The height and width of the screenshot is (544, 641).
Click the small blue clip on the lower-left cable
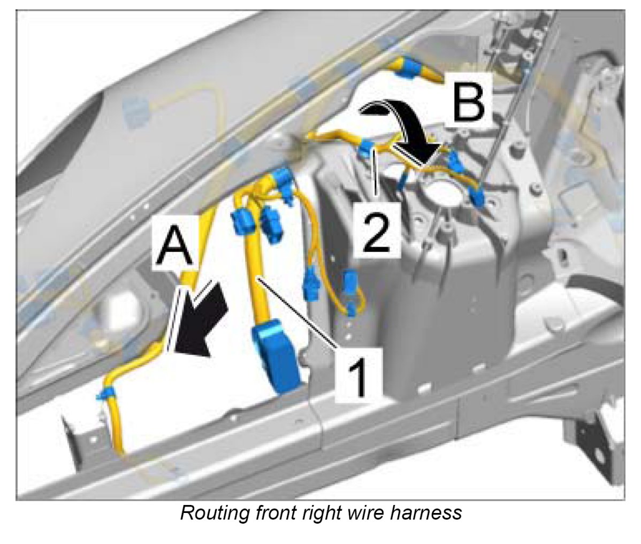[105, 394]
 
